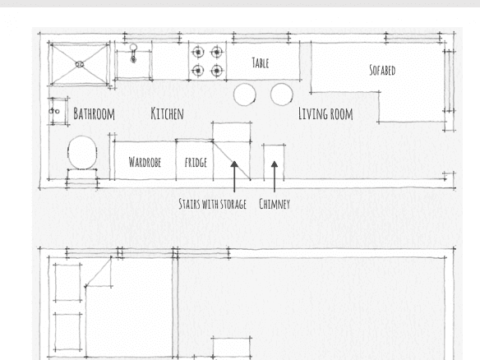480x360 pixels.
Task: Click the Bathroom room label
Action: point(94,114)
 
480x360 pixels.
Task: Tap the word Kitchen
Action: point(167,113)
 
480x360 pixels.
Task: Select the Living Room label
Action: point(325,114)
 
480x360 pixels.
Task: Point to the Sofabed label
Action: point(382,70)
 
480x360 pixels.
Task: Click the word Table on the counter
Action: point(261,63)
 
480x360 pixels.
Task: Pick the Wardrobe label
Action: point(145,162)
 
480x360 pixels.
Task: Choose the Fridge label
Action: point(196,162)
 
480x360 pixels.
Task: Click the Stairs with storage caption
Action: point(212,204)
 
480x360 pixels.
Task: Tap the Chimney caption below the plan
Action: point(275,204)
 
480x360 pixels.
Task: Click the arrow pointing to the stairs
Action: point(234,177)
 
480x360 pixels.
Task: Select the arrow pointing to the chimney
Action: point(275,177)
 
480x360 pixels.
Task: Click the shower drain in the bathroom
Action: point(80,64)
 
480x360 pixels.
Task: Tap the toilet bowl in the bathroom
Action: point(82,152)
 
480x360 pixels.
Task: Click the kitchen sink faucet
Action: point(133,53)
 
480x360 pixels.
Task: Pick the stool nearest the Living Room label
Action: point(282,95)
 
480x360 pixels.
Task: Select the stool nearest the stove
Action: point(245,95)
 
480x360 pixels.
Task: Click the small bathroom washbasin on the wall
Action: point(58,111)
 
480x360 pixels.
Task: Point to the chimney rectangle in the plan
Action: point(274,162)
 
